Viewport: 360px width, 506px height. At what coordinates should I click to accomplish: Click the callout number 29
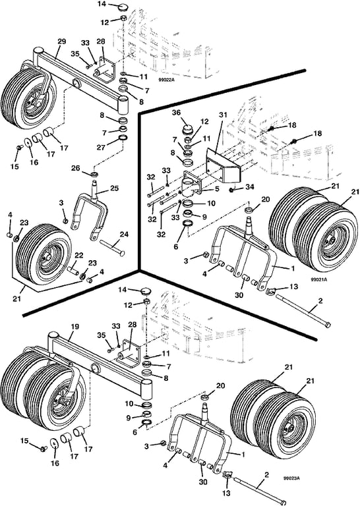pos(61,42)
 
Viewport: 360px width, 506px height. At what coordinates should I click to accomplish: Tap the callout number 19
pos(75,327)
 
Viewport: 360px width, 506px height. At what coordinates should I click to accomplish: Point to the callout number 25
pos(115,188)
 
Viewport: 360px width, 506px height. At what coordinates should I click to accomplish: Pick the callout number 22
pos(78,255)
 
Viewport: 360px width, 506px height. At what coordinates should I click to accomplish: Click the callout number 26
pos(76,169)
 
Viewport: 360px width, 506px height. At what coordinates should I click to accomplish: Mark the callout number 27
pos(101,148)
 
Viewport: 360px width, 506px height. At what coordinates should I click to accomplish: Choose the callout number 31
pos(223,115)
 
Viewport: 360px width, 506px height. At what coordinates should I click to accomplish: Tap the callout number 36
pos(185,113)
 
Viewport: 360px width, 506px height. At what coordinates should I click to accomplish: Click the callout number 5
pos(218,188)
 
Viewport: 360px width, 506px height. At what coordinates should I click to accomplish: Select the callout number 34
pos(250,187)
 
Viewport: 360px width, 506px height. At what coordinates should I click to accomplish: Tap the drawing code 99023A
pos(291,478)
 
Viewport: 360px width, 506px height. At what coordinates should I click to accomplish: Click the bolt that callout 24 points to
pos(112,248)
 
